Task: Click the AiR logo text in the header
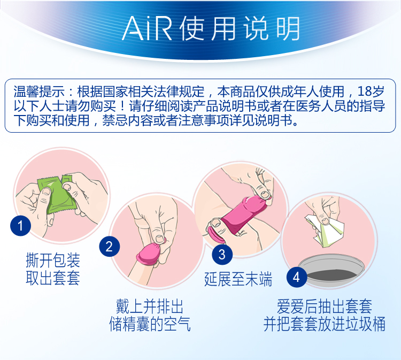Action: pyautogui.click(x=147, y=29)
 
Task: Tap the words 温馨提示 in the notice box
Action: pyautogui.click(x=39, y=91)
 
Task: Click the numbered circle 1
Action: pyautogui.click(x=20, y=226)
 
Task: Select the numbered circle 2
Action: pyautogui.click(x=110, y=247)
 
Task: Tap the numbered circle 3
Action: pyautogui.click(x=222, y=254)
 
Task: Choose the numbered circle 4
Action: pyautogui.click(x=297, y=277)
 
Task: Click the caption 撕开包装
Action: pyautogui.click(x=53, y=260)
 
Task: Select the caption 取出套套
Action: pyautogui.click(x=53, y=278)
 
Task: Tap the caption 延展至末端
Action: pyautogui.click(x=238, y=279)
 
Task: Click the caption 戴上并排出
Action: pyautogui.click(x=150, y=307)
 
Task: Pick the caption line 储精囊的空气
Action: pyautogui.click(x=150, y=324)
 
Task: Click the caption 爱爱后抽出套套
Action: pyautogui.click(x=325, y=307)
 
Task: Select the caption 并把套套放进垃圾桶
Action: pyautogui.click(x=325, y=324)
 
